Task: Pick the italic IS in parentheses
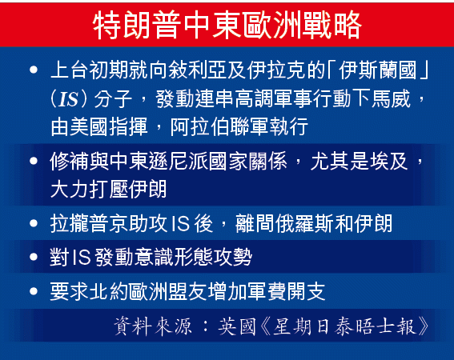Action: (x=68, y=99)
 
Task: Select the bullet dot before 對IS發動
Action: (x=34, y=257)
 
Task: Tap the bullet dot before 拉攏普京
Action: (x=34, y=223)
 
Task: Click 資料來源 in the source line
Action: (x=153, y=326)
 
